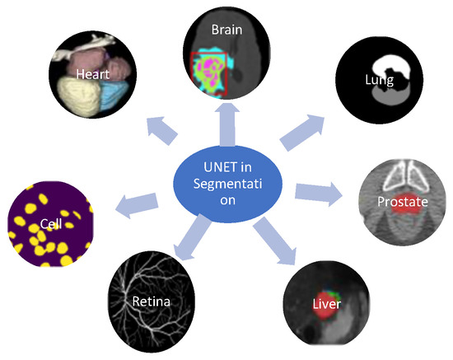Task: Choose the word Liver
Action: click(326, 305)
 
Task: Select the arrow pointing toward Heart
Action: click(161, 129)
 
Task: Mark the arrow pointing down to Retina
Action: click(187, 238)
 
